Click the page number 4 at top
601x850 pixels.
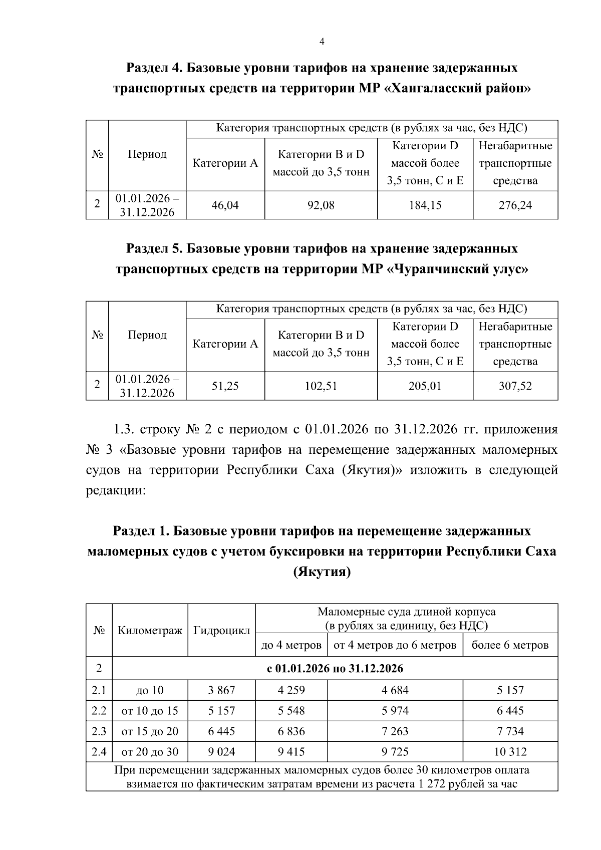(x=322, y=42)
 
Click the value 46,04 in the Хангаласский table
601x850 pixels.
(x=225, y=205)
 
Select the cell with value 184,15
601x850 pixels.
(x=425, y=205)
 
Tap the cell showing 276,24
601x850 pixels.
(x=515, y=205)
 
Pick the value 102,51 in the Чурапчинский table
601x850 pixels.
(x=321, y=386)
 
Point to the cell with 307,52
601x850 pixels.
(x=515, y=386)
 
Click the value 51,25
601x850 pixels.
(x=225, y=386)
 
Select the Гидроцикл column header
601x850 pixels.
(x=221, y=630)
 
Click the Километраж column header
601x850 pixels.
(x=150, y=630)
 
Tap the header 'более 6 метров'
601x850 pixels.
(x=510, y=645)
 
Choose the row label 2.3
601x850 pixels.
(x=99, y=731)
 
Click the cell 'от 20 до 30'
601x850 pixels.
(x=150, y=752)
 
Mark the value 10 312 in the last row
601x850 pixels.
(x=510, y=752)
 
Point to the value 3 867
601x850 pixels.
(x=221, y=690)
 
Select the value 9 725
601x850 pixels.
(x=395, y=752)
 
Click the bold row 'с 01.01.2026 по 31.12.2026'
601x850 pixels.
(x=335, y=669)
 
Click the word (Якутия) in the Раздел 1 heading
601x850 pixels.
(x=322, y=572)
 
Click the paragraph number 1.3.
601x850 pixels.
(x=123, y=430)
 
